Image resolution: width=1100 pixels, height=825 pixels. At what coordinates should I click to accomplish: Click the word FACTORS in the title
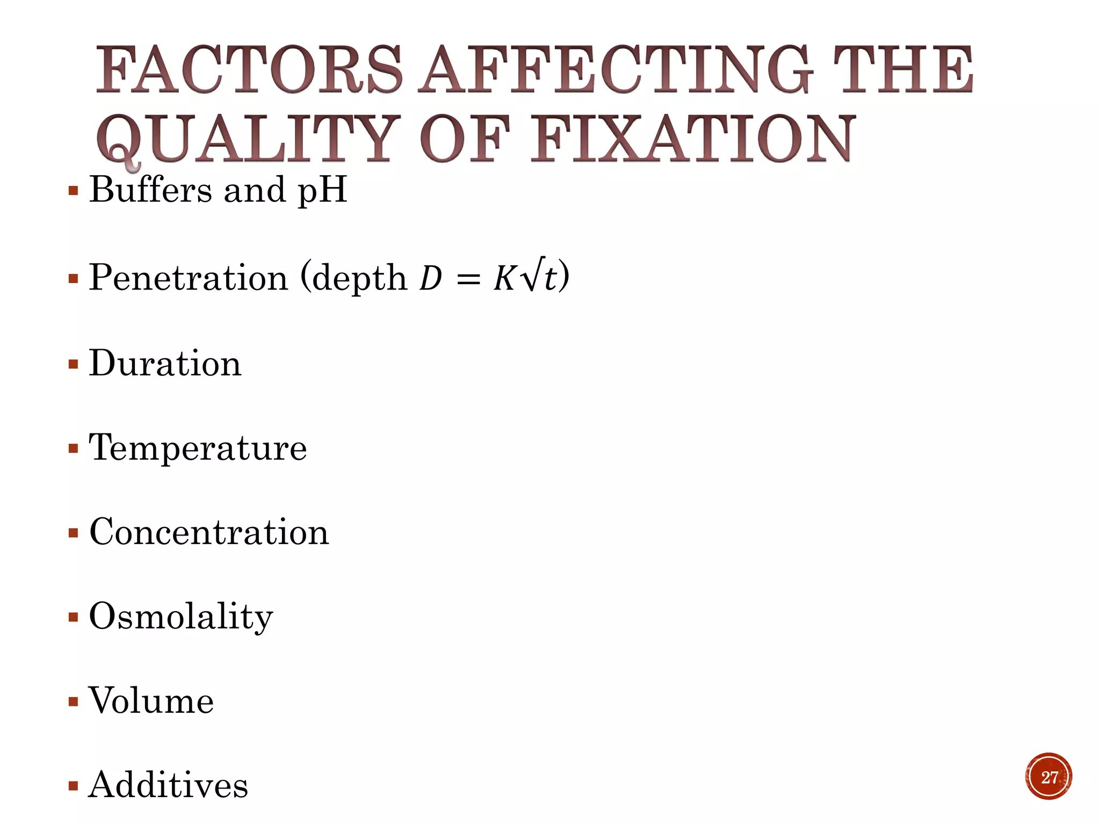(x=248, y=70)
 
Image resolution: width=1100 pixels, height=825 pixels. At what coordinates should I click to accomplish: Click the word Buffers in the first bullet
(x=150, y=190)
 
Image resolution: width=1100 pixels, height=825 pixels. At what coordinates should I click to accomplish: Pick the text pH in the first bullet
(x=322, y=191)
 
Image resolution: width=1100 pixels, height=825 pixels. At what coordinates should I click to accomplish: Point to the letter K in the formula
(x=504, y=278)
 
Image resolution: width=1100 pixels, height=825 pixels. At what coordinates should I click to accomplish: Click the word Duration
(x=165, y=363)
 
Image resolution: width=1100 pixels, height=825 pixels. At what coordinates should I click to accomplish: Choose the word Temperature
(x=198, y=448)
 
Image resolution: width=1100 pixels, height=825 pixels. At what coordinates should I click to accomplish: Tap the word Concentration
(x=209, y=532)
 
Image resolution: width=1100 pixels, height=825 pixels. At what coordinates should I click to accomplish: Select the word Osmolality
(x=180, y=617)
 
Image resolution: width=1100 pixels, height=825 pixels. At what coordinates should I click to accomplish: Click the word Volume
(x=151, y=701)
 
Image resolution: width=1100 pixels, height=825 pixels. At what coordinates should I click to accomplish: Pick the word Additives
(x=168, y=785)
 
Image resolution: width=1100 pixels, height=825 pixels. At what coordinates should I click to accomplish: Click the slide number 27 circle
(x=1048, y=777)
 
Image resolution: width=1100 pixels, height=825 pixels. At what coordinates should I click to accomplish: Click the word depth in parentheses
(x=359, y=278)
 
